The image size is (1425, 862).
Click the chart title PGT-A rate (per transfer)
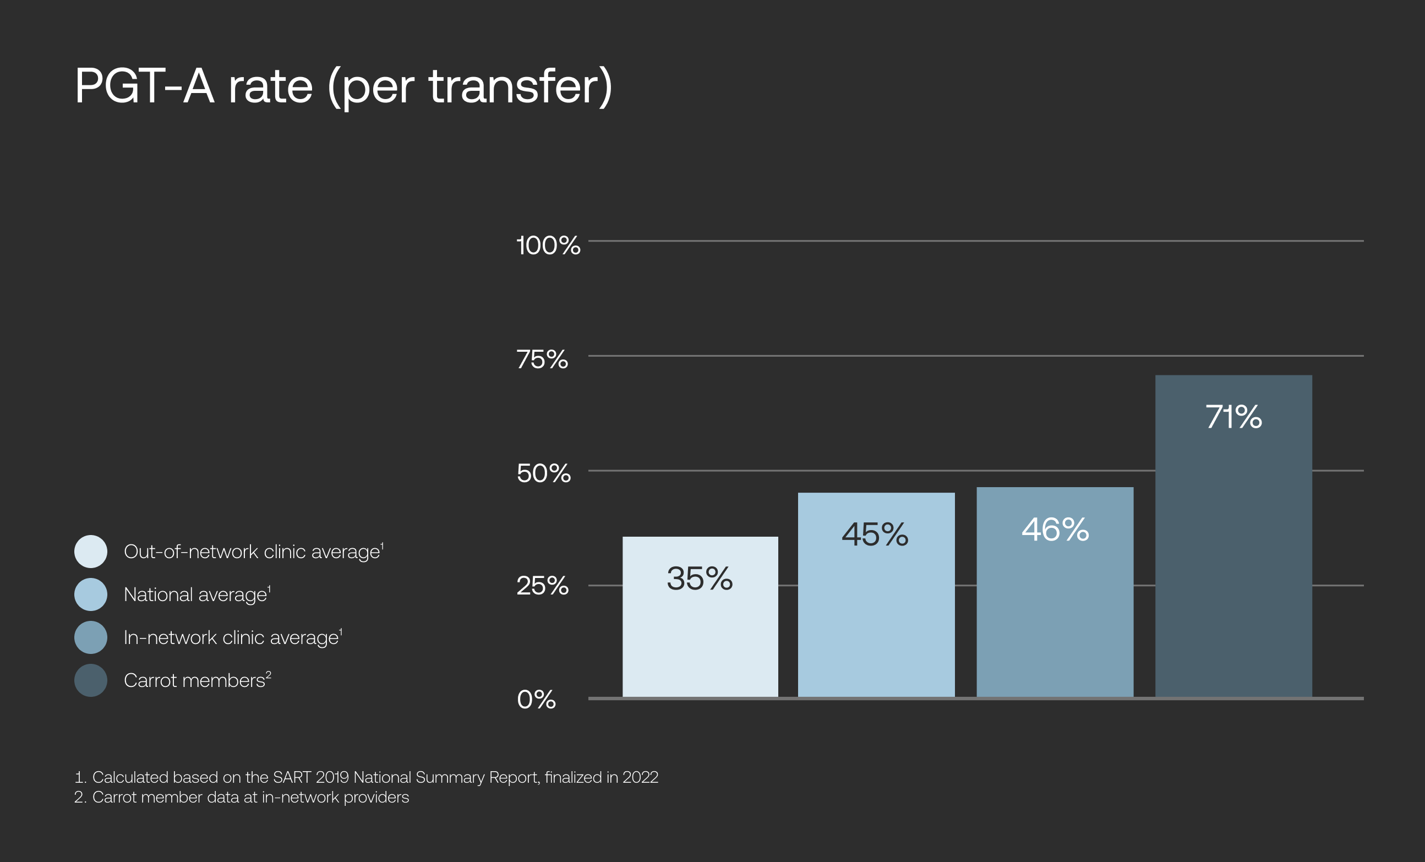(343, 87)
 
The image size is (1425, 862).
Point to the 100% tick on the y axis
(548, 245)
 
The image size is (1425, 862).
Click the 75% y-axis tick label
(542, 359)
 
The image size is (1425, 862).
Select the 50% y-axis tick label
(543, 473)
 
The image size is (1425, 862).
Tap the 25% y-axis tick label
(542, 586)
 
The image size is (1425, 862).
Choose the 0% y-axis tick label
(536, 700)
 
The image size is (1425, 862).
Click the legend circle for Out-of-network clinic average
(91, 552)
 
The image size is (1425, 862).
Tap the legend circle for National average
(91, 594)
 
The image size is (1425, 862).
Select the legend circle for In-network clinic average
(91, 637)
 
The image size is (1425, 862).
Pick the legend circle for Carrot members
(91, 680)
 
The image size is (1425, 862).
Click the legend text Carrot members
(194, 680)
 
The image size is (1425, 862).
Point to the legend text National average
(195, 594)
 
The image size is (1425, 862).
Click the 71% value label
(1233, 417)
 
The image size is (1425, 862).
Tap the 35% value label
(699, 579)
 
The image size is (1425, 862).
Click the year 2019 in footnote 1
(332, 777)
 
